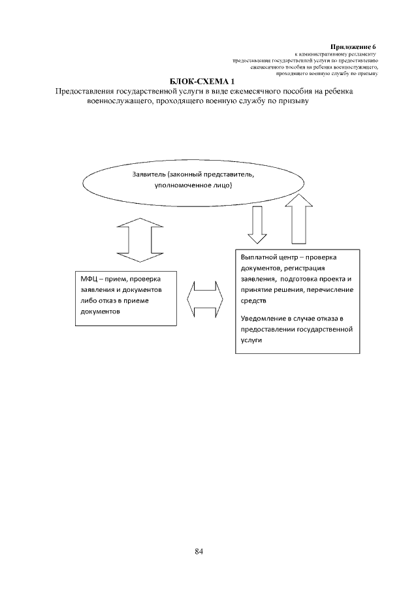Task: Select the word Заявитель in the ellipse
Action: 148,175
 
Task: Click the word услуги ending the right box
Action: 251,340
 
